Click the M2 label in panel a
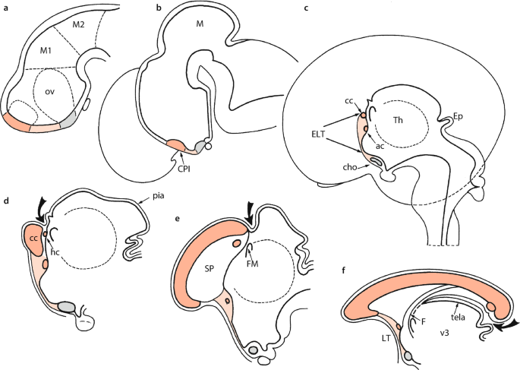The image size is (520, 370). [x=78, y=24]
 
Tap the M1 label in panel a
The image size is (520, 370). [x=46, y=51]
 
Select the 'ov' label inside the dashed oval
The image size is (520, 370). [x=50, y=92]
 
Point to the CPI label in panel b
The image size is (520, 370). [x=184, y=169]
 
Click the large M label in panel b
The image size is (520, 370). [x=200, y=24]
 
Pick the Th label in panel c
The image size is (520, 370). [x=398, y=120]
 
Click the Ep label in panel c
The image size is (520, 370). [x=458, y=117]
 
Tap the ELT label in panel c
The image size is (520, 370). [x=318, y=134]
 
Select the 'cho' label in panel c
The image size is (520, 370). [x=350, y=167]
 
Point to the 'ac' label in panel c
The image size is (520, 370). [x=380, y=146]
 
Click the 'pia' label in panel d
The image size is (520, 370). [x=159, y=197]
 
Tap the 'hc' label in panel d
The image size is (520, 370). [x=55, y=252]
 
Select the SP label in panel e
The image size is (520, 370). [x=209, y=269]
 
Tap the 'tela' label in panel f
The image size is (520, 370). [x=458, y=318]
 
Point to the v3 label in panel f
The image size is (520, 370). [x=444, y=333]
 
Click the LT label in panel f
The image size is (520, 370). [x=386, y=338]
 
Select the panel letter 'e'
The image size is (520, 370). [x=177, y=218]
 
